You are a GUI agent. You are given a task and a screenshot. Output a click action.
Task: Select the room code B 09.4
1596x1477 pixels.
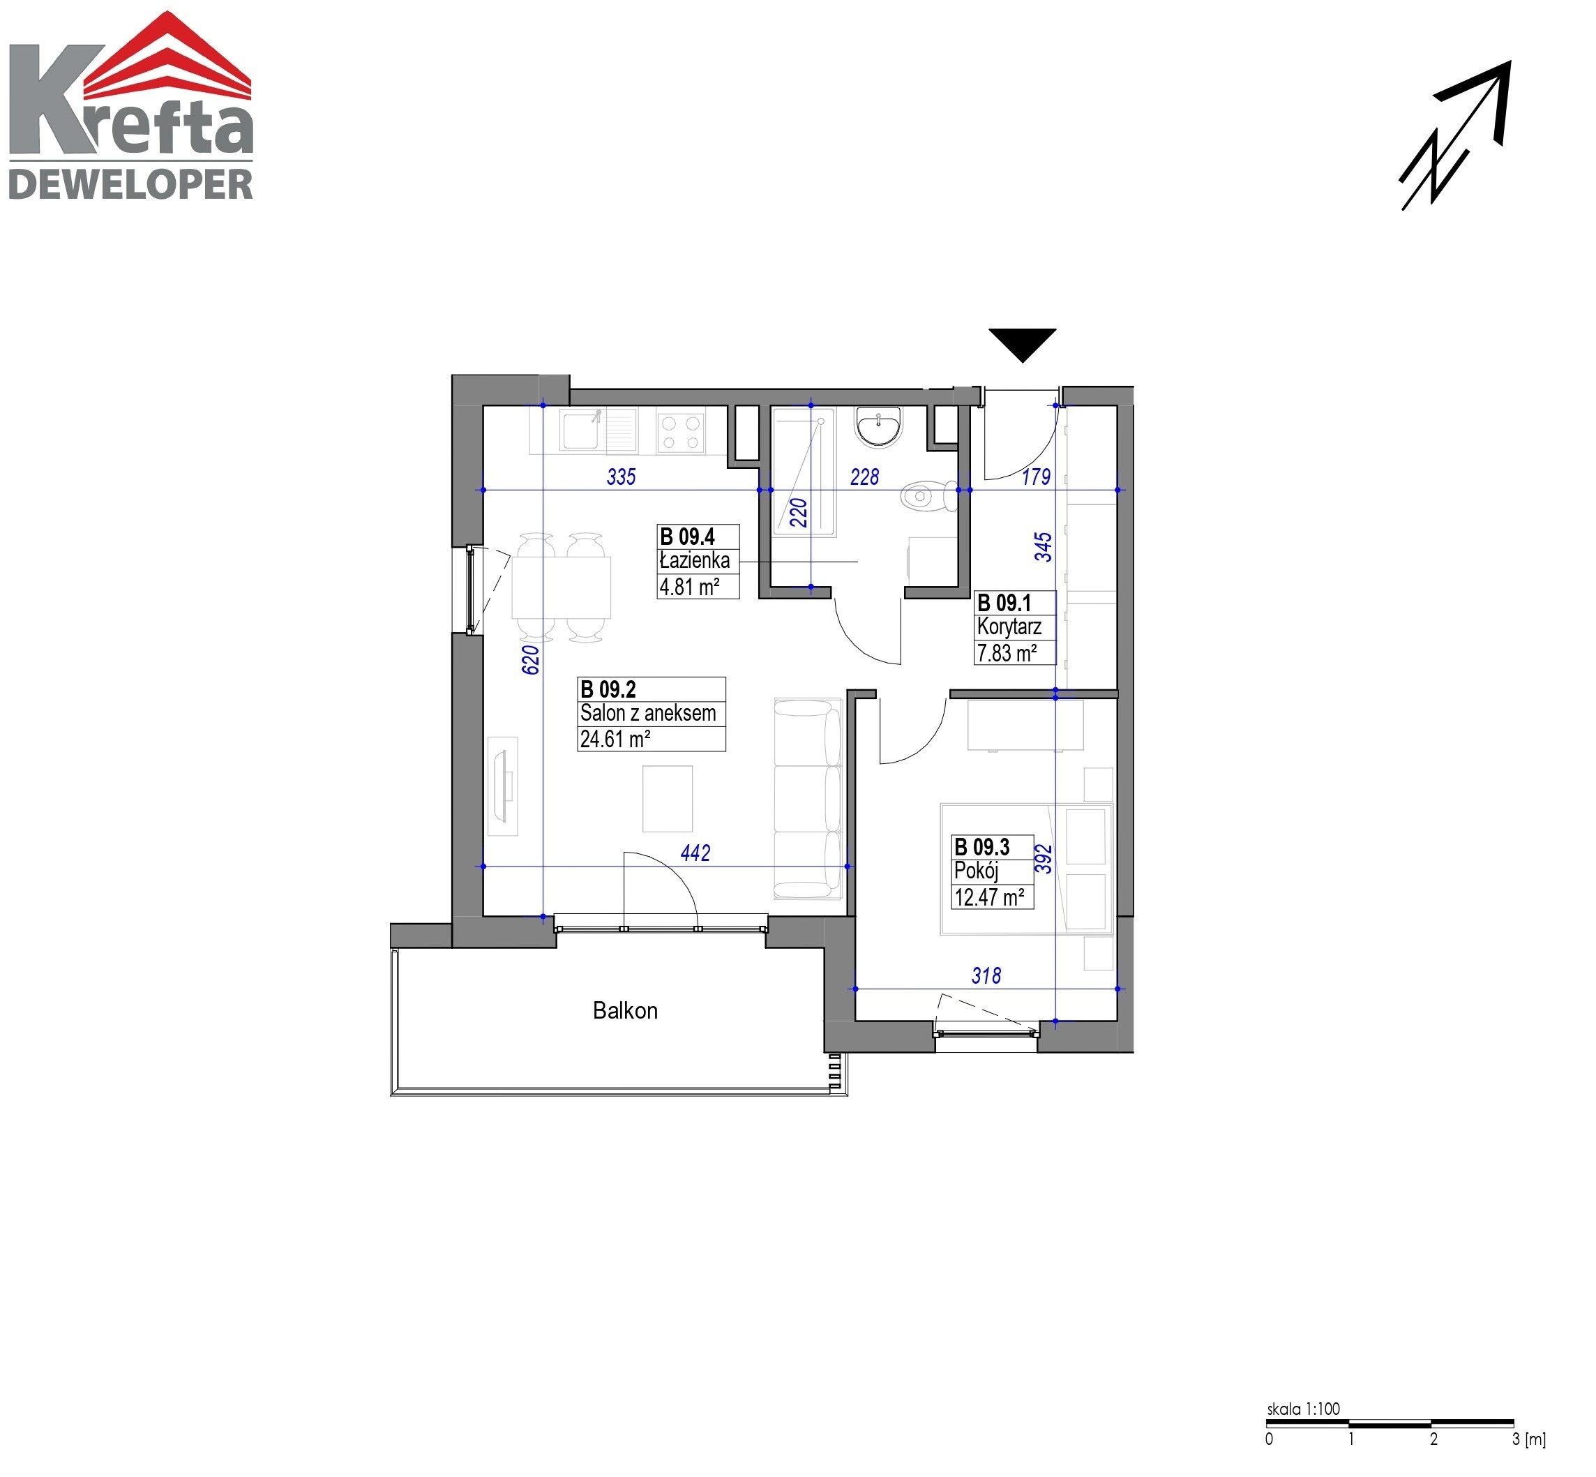pos(686,537)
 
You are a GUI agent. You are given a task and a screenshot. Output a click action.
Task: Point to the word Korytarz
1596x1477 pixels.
pos(1009,627)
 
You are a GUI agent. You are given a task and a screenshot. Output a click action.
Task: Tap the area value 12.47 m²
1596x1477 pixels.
pos(988,897)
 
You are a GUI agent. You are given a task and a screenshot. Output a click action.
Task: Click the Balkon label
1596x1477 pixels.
pos(625,1011)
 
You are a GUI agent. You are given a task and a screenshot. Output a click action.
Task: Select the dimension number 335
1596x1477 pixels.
pos(621,477)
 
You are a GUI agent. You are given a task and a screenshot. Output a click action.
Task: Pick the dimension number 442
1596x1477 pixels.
pos(695,853)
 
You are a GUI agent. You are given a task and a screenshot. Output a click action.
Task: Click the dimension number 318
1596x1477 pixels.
pos(986,976)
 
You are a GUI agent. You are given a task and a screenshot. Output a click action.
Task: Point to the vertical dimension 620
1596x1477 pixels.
pos(531,660)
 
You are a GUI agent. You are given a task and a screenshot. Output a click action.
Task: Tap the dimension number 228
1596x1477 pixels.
pos(864,477)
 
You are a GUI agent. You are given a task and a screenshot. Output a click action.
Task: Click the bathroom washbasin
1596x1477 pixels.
pos(878,426)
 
